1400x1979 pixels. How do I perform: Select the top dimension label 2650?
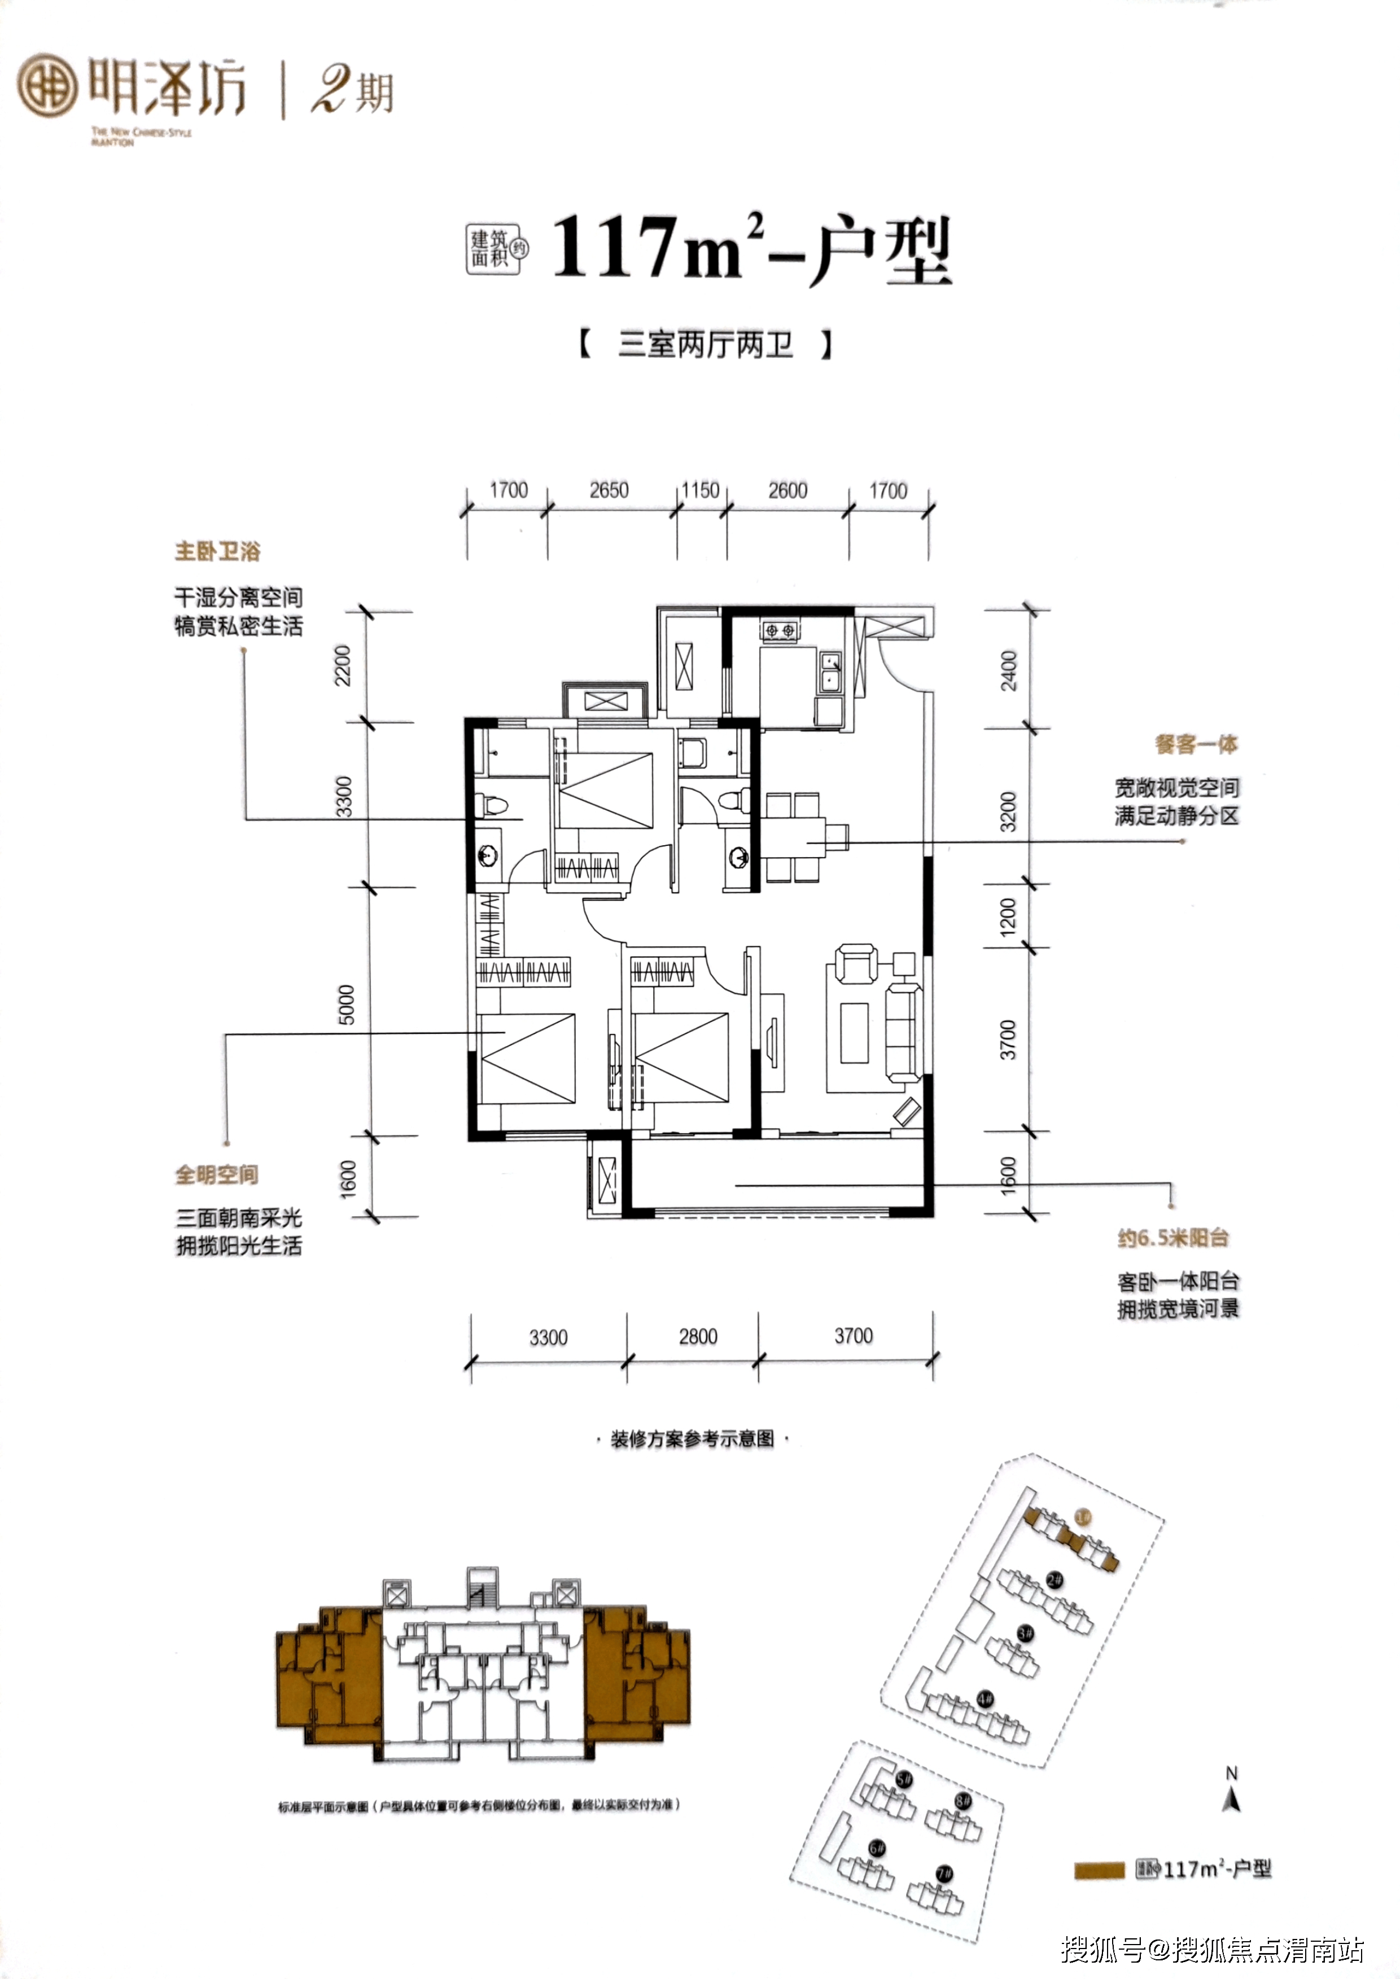[x=609, y=490]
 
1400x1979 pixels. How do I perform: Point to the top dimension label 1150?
[x=700, y=490]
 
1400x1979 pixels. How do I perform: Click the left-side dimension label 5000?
[x=345, y=1004]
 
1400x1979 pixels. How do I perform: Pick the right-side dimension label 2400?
[x=1009, y=670]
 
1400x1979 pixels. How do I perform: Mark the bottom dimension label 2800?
[x=697, y=1336]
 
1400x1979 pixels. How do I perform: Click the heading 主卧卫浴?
[x=217, y=552]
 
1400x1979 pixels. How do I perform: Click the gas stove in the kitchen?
[x=780, y=631]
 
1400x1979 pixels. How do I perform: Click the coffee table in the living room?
[x=854, y=1033]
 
